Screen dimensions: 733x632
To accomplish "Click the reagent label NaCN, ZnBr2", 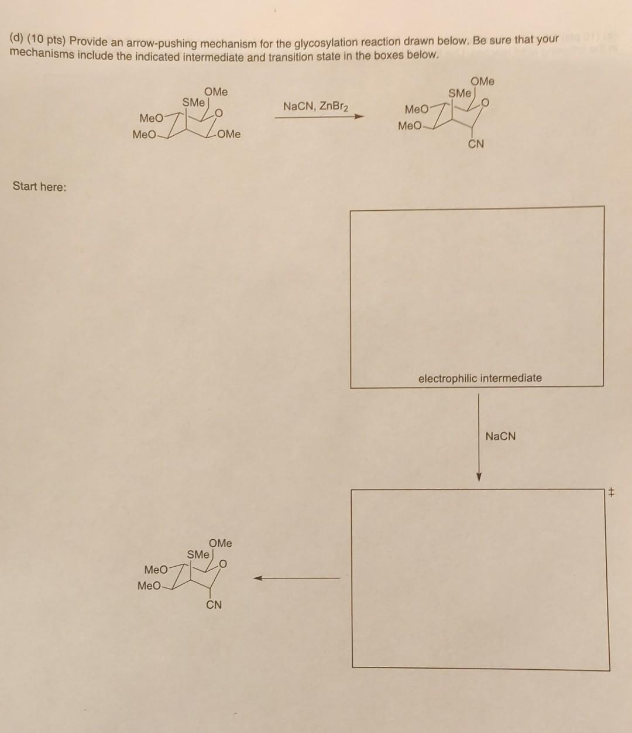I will (315, 107).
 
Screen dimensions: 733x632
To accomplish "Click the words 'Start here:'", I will (40, 187).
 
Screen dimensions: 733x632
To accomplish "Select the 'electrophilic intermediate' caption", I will (480, 378).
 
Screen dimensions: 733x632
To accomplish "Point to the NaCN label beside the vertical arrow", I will (500, 436).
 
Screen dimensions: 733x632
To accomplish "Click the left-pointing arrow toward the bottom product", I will (296, 578).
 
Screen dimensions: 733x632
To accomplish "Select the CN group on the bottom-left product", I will (214, 605).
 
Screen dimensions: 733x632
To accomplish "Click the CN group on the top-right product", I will (476, 144).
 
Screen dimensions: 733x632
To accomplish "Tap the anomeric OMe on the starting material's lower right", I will (228, 134).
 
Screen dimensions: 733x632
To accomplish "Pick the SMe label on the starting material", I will (194, 102).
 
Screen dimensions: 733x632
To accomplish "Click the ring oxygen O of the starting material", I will (219, 112).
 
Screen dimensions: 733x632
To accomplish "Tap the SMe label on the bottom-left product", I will (198, 554).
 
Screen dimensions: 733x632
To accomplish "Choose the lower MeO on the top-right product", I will (410, 126).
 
